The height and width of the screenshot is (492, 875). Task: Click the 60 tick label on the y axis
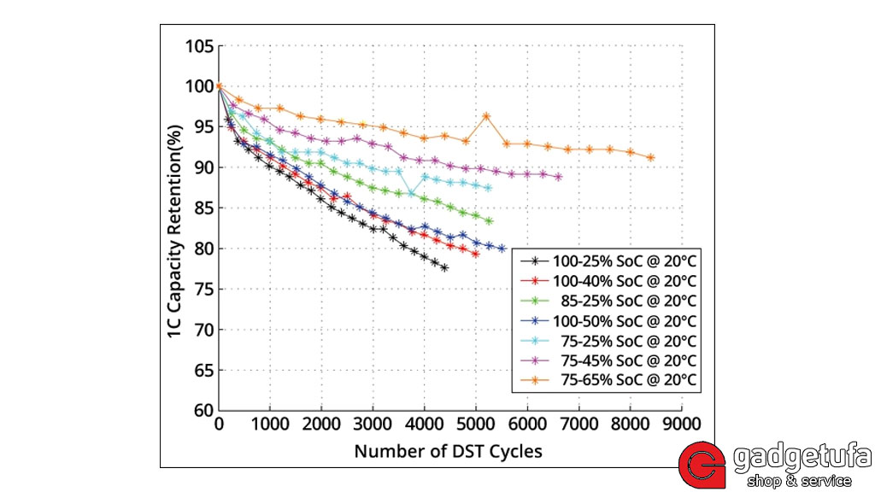202,411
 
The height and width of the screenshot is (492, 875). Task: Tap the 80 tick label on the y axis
202,249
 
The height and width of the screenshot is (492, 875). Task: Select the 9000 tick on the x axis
682,425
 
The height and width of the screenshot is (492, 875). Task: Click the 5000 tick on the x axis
476,425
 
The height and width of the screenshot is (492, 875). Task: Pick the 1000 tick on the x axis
270,425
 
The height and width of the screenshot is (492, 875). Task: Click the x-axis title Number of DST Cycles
448,450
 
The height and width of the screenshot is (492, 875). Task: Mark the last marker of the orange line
651,157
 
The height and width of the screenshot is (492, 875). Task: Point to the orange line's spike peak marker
486,116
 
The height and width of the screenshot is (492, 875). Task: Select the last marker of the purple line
559,177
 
